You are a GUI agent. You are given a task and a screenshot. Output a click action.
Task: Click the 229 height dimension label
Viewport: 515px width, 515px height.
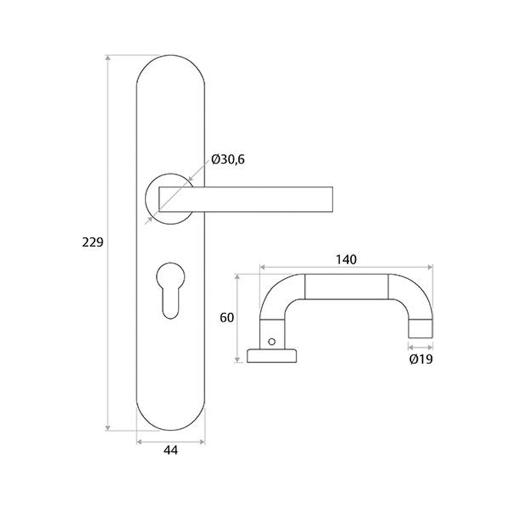[93, 242]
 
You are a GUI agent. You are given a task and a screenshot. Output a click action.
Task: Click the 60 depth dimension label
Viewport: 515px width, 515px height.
[227, 318]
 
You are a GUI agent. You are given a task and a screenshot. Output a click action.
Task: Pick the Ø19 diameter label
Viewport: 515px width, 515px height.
[421, 359]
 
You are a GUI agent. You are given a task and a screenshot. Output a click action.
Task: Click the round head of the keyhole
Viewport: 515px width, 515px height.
[170, 275]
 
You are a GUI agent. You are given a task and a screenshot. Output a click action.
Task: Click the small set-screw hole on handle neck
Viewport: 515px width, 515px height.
[271, 341]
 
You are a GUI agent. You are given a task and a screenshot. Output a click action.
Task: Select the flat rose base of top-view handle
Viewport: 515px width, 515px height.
[273, 356]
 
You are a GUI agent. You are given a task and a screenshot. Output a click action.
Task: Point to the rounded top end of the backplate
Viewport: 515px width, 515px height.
[170, 64]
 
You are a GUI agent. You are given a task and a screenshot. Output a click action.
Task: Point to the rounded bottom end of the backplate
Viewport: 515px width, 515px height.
[170, 421]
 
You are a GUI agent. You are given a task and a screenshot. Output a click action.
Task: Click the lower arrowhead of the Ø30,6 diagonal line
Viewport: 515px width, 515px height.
[149, 221]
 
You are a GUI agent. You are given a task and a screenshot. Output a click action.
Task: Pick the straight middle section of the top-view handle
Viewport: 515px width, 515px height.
[346, 287]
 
